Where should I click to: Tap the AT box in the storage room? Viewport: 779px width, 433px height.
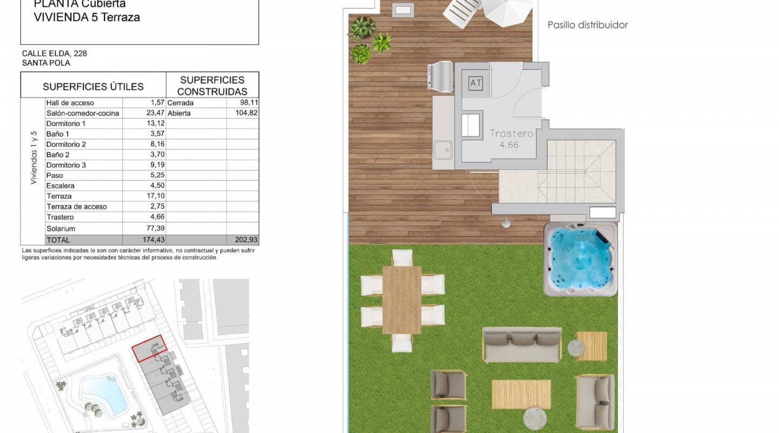(476, 83)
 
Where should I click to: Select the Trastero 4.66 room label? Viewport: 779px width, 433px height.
(511, 139)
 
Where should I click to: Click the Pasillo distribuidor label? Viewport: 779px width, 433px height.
(587, 25)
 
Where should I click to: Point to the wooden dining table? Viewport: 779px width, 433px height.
(401, 299)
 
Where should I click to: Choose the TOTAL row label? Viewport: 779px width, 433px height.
(58, 240)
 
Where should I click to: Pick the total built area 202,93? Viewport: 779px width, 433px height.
(244, 240)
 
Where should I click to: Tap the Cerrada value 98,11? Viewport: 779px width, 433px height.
(246, 103)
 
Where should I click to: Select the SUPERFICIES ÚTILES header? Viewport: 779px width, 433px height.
(93, 87)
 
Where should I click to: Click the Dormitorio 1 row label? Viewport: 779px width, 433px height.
(65, 123)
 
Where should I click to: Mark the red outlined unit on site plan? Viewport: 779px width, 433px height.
(149, 348)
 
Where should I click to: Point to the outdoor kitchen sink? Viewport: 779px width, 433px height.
(443, 149)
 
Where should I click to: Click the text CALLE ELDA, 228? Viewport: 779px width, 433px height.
(54, 54)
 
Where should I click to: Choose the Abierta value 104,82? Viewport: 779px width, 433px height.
(244, 113)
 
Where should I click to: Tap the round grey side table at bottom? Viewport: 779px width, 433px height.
(536, 418)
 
